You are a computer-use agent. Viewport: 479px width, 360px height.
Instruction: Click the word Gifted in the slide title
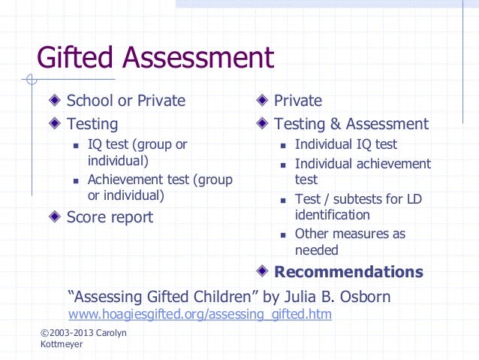pos(77,58)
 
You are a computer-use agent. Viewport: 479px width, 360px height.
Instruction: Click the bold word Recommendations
pos(348,272)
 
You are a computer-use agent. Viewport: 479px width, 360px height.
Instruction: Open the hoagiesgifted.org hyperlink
pos(200,314)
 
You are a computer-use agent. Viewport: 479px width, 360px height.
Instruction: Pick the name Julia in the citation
pos(300,297)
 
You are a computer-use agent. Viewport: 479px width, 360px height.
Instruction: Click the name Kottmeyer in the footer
pos(62,343)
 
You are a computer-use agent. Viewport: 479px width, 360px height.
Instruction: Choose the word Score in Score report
pos(87,217)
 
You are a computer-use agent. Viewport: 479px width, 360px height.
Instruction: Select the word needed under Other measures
pos(316,250)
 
